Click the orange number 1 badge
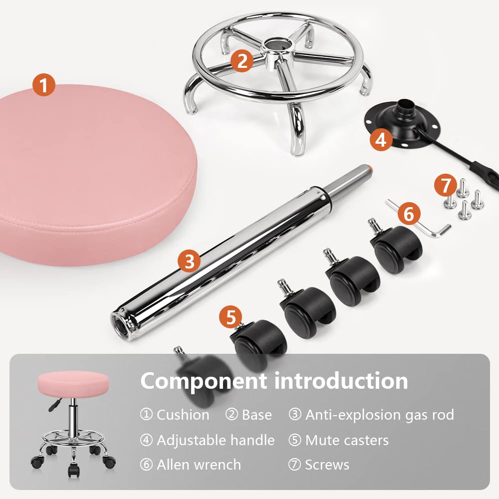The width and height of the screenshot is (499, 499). click(44, 85)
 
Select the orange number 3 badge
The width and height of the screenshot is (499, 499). click(189, 261)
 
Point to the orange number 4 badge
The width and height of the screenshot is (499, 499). click(381, 140)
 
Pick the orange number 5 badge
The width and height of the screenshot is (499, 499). click(231, 317)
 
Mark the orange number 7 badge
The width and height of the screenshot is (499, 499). click(445, 186)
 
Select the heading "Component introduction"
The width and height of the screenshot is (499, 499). click(274, 381)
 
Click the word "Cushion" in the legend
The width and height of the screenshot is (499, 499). click(183, 415)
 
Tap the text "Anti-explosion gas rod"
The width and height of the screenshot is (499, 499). click(379, 415)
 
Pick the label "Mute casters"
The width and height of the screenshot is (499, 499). click(347, 440)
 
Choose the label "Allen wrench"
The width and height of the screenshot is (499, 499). click(199, 465)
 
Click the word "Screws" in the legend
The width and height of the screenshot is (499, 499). click(327, 465)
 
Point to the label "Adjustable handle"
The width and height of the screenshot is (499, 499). click(216, 440)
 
